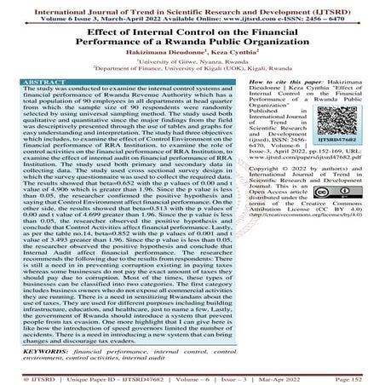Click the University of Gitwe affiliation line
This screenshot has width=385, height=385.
tap(192, 62)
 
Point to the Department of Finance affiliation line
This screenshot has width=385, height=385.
tap(192, 70)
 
